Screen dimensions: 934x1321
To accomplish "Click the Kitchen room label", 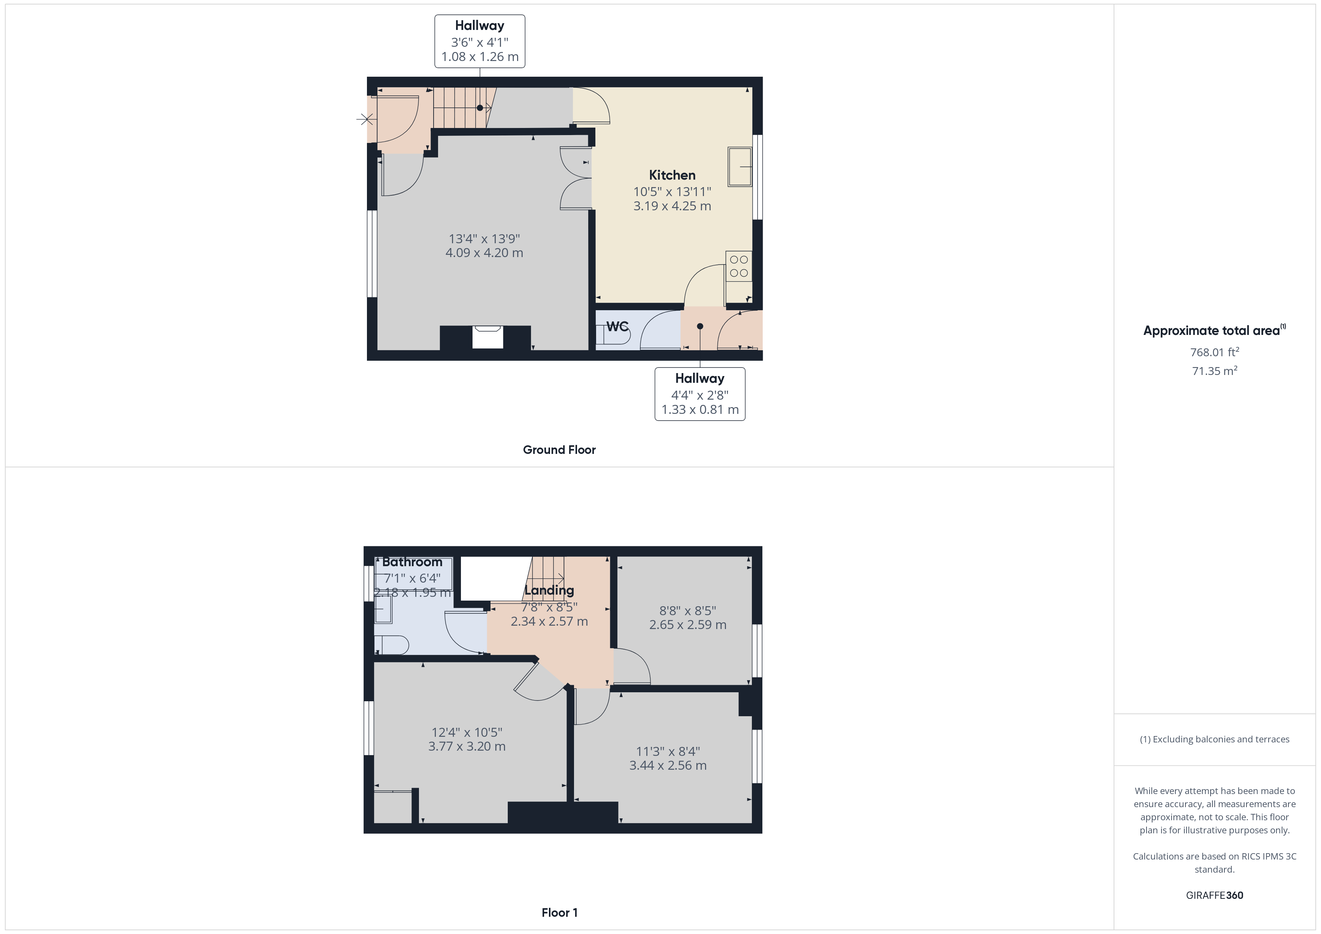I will (672, 175).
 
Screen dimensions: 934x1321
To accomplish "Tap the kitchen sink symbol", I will (740, 167).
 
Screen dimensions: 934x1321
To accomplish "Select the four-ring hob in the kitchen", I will (739, 266).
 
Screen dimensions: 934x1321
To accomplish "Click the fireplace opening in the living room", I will (487, 338).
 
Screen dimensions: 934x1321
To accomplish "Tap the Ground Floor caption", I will (559, 450).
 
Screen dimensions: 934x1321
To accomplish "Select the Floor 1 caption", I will (559, 912).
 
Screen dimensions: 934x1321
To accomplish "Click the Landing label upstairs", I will (549, 590).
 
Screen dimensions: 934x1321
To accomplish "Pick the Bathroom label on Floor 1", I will (412, 562).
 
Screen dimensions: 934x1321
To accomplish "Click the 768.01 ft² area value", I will (1214, 352).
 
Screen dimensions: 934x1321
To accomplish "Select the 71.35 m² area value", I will (1214, 371).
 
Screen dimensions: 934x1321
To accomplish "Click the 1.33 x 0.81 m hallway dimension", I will (699, 409).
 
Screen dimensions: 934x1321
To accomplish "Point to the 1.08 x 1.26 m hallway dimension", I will (480, 57).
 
